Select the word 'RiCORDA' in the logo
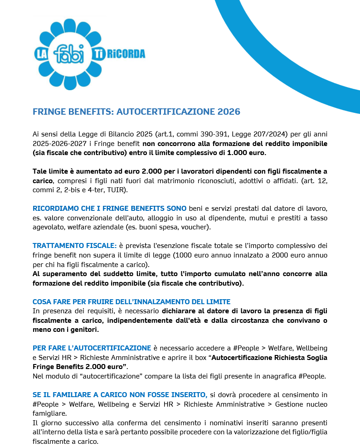point(126,54)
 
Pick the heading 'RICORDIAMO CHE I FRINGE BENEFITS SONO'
point(109,209)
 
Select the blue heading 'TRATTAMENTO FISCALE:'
point(74,246)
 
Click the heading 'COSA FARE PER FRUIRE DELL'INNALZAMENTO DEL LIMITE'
point(131,301)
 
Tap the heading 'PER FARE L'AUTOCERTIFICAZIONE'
point(92,348)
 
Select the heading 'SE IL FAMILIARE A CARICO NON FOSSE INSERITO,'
point(120,395)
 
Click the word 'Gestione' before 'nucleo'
point(284,404)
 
